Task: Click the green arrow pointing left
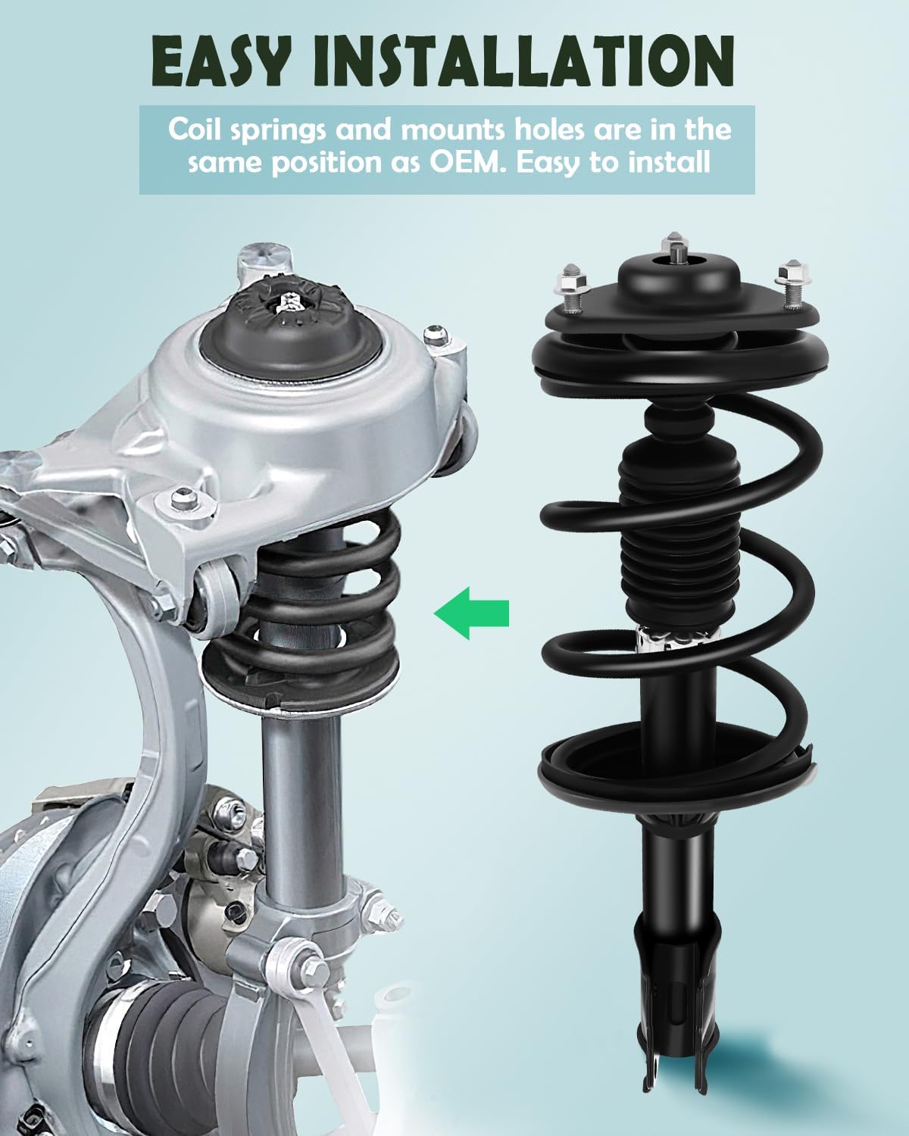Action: tap(471, 612)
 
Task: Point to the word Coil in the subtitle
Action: tap(195, 130)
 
